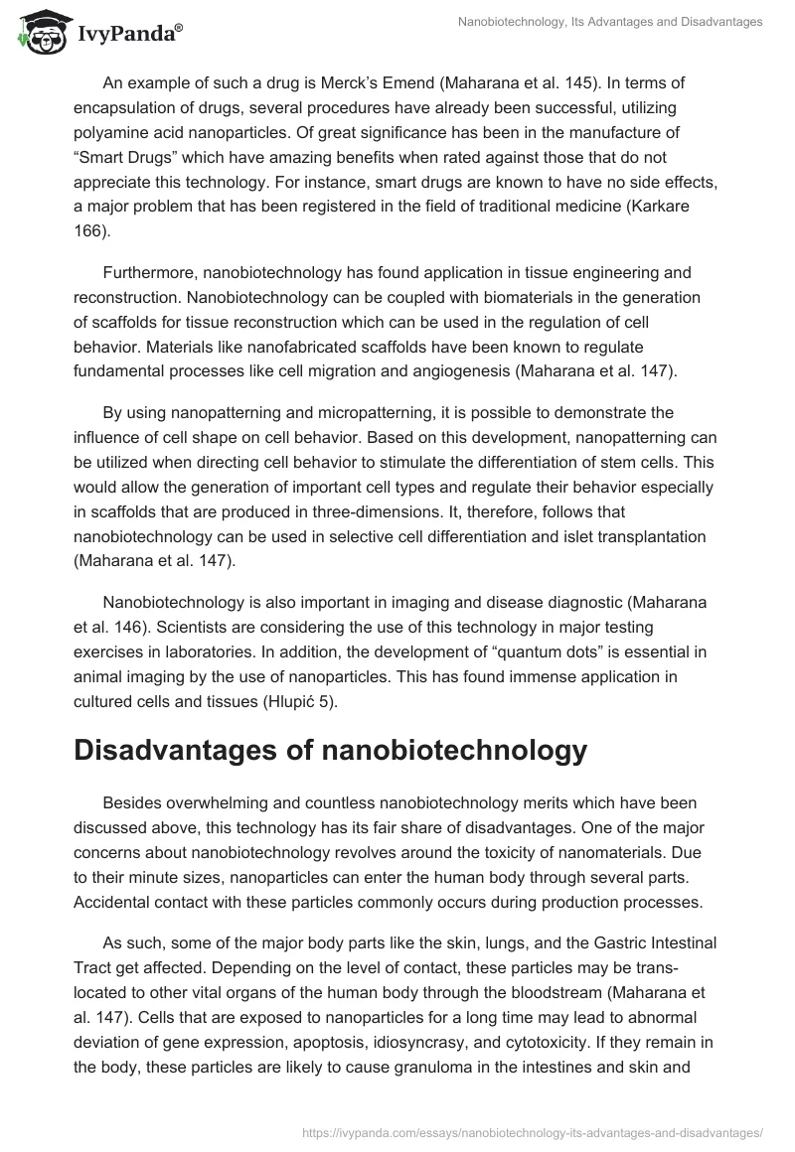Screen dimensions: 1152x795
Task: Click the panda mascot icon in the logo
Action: pos(37,32)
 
